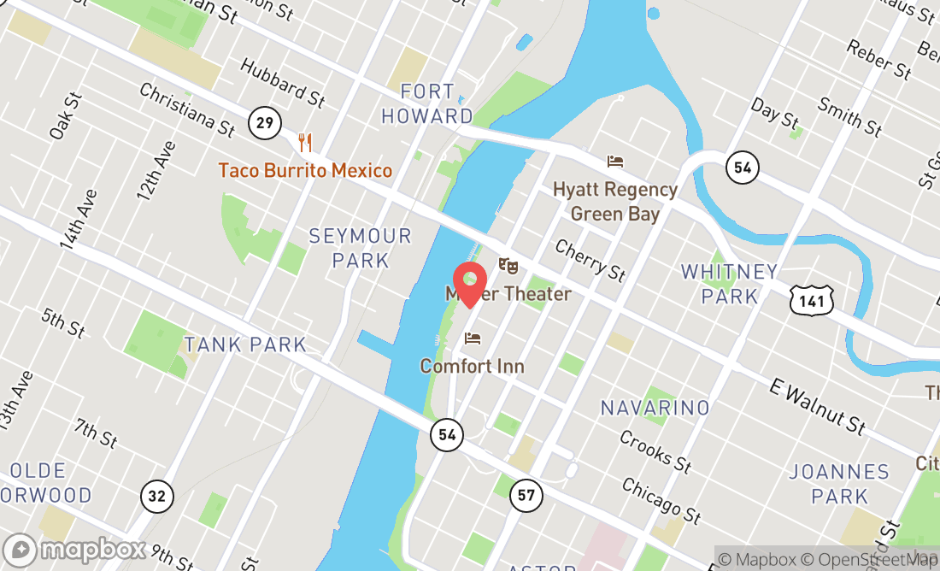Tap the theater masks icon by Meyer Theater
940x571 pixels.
click(x=508, y=267)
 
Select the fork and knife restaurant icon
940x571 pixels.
click(x=305, y=143)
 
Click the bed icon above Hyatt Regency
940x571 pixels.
click(x=615, y=162)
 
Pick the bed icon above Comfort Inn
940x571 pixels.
click(x=473, y=338)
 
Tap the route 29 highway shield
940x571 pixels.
click(x=265, y=123)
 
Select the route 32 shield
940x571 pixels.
click(x=158, y=496)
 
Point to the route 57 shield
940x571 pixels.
click(x=526, y=494)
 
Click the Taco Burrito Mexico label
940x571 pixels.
click(x=305, y=170)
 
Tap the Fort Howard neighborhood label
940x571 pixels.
click(x=426, y=103)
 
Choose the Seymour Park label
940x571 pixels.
click(x=361, y=248)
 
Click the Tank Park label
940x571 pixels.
click(x=245, y=344)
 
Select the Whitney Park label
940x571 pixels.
click(x=730, y=284)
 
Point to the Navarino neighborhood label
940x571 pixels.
click(x=655, y=408)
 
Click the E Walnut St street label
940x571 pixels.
click(x=819, y=408)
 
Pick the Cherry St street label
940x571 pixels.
click(x=590, y=259)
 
